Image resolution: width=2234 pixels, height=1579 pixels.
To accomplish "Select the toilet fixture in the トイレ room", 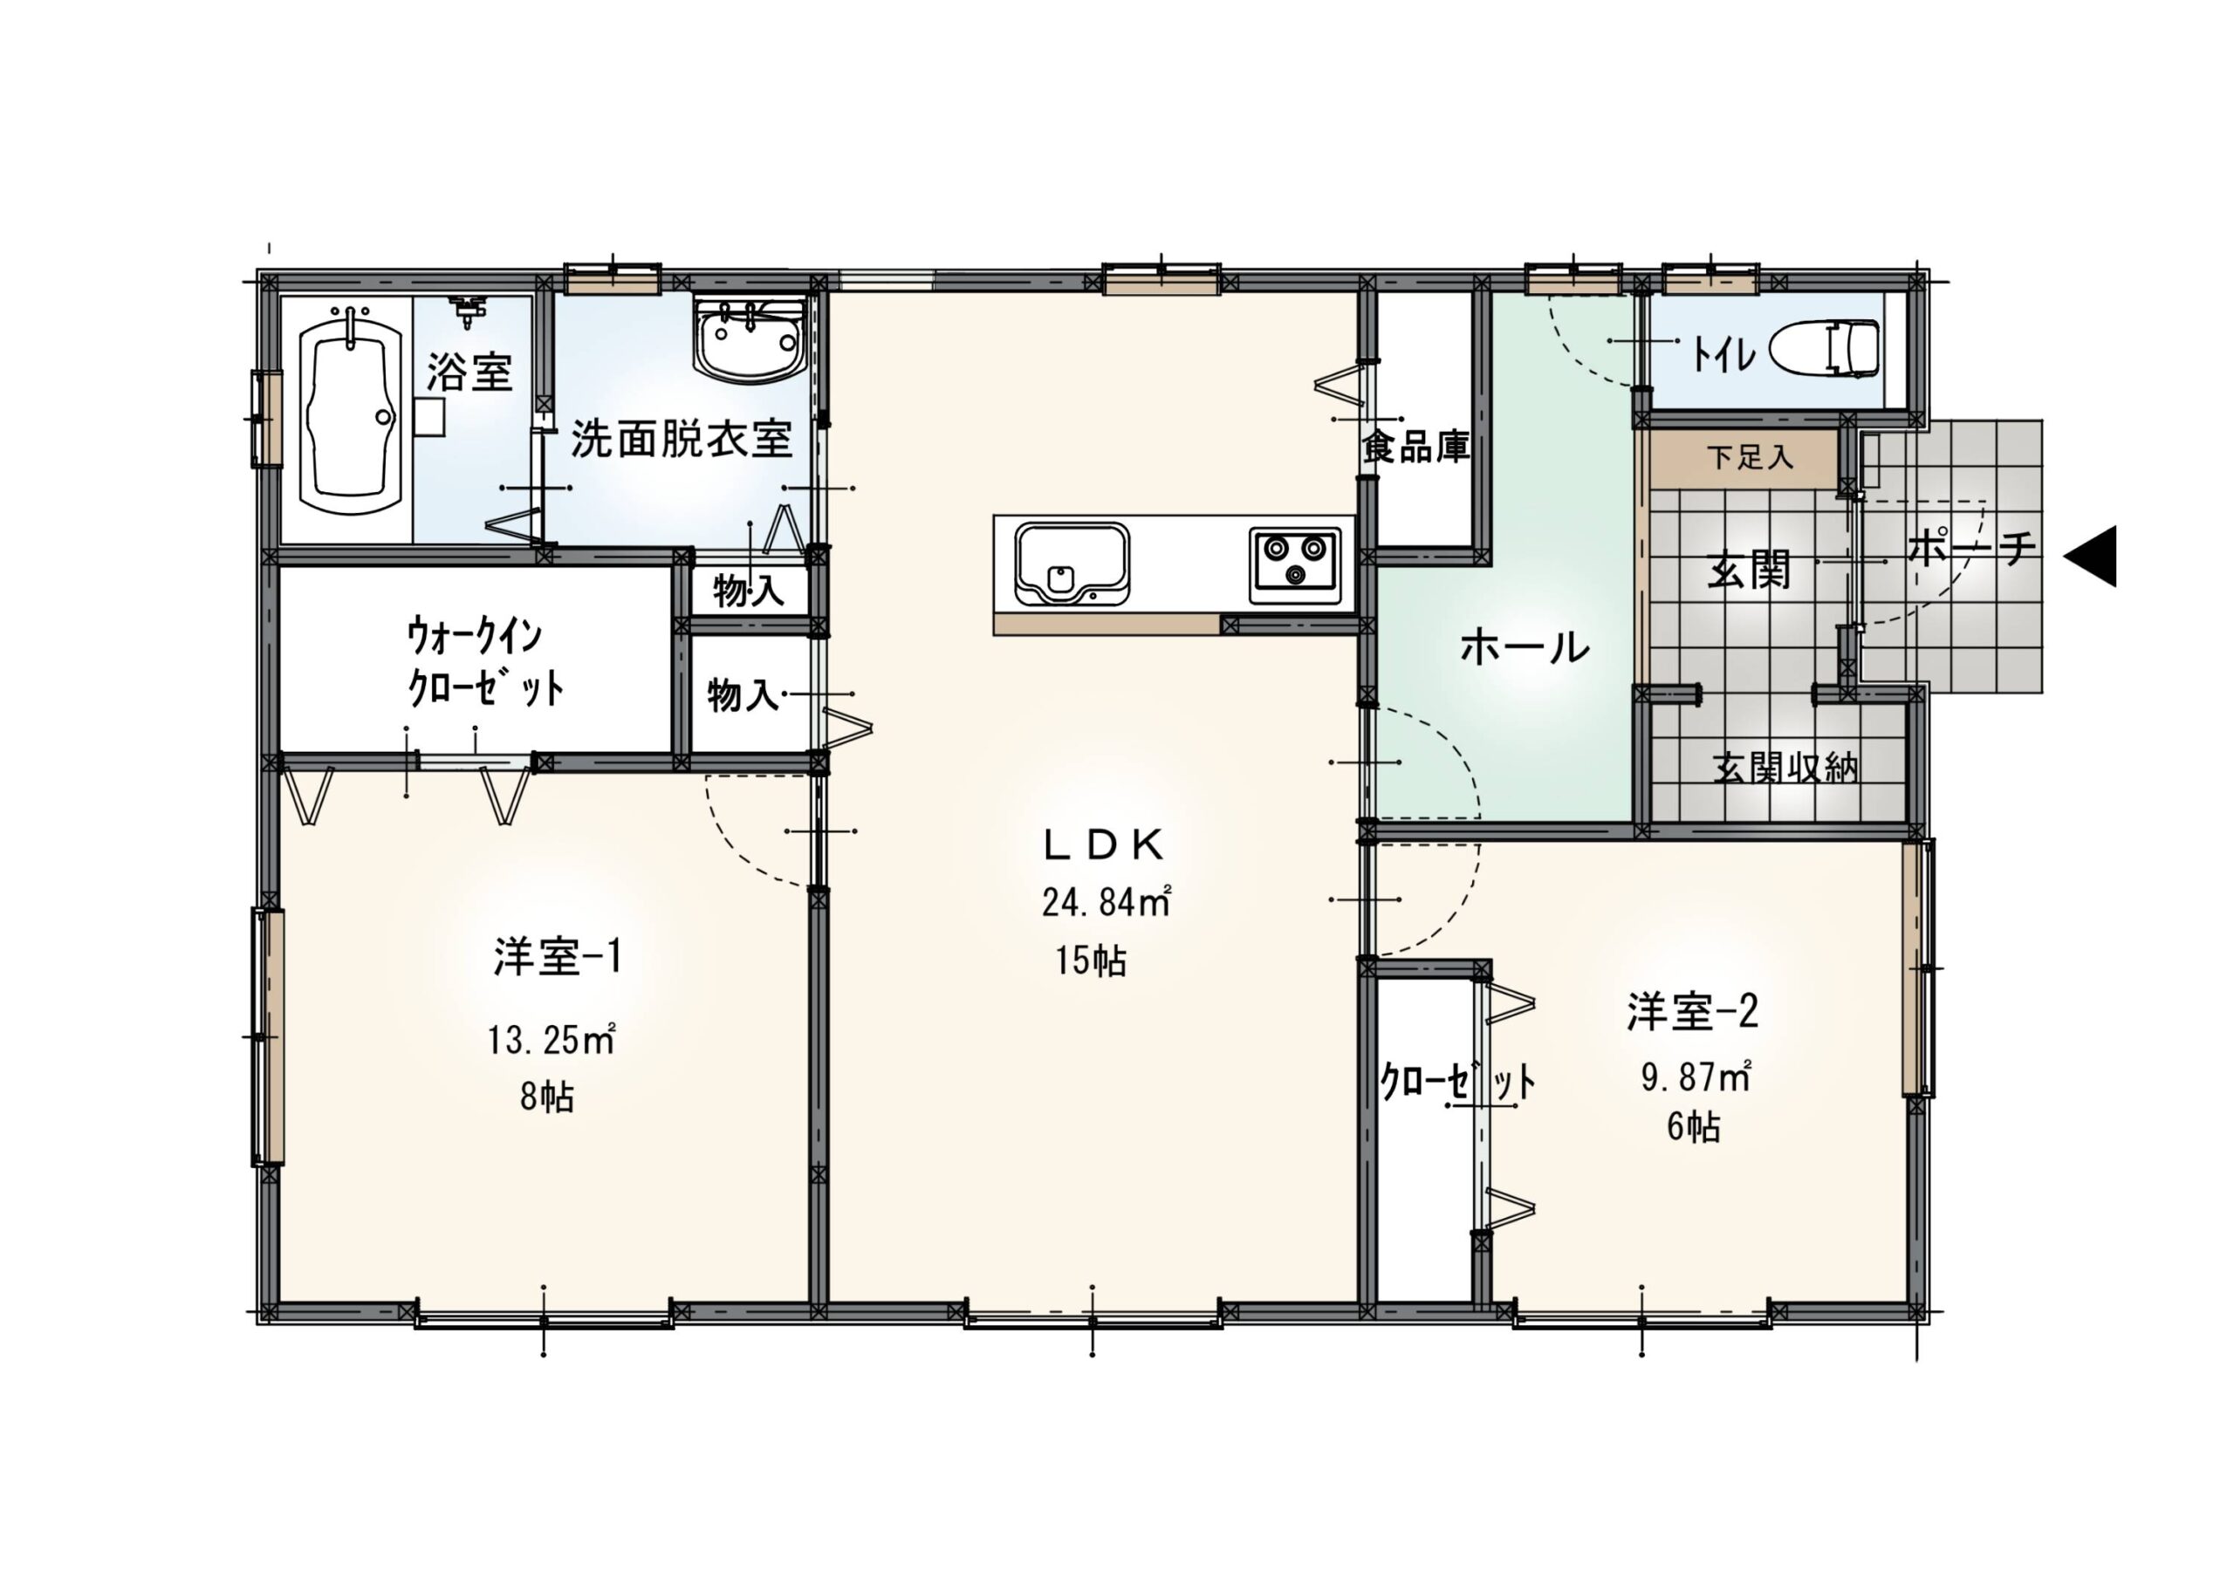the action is (1822, 347).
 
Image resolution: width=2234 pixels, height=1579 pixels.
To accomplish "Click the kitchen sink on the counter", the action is (1072, 564).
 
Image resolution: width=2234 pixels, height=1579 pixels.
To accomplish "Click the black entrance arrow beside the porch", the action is (2090, 557).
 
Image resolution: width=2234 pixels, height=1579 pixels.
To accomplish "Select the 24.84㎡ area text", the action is (1107, 902).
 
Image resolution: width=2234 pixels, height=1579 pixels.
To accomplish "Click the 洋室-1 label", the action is (557, 957).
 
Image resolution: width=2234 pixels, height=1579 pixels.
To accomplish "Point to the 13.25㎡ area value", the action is (552, 1041).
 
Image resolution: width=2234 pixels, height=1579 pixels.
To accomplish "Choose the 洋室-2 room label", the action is (1692, 1012).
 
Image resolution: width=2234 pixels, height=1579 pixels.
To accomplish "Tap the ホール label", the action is (1525, 647).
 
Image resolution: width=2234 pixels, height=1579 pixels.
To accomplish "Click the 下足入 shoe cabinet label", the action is (1750, 456).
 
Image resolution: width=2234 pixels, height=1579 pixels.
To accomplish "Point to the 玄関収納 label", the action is (1785, 769).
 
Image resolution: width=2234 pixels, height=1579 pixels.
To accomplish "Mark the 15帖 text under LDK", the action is (1091, 961).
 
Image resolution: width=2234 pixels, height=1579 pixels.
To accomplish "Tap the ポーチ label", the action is (1971, 550).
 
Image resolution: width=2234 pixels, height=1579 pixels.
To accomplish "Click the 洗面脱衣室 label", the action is (681, 439).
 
